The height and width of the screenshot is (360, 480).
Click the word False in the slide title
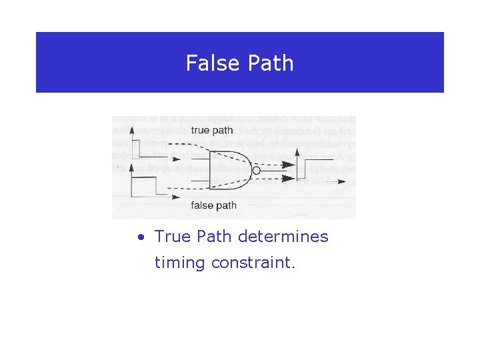point(212,63)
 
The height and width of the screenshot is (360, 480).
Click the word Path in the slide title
point(270,63)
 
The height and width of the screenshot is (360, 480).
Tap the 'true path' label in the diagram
point(212,130)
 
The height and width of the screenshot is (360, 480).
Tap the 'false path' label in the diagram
point(213,205)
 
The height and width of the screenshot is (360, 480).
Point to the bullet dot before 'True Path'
point(141,237)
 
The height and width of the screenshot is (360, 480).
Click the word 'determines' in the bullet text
point(293,237)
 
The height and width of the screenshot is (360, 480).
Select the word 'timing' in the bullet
point(179,263)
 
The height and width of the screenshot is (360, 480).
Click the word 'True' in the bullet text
point(172,237)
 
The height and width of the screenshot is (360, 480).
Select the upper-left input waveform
point(143,150)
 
